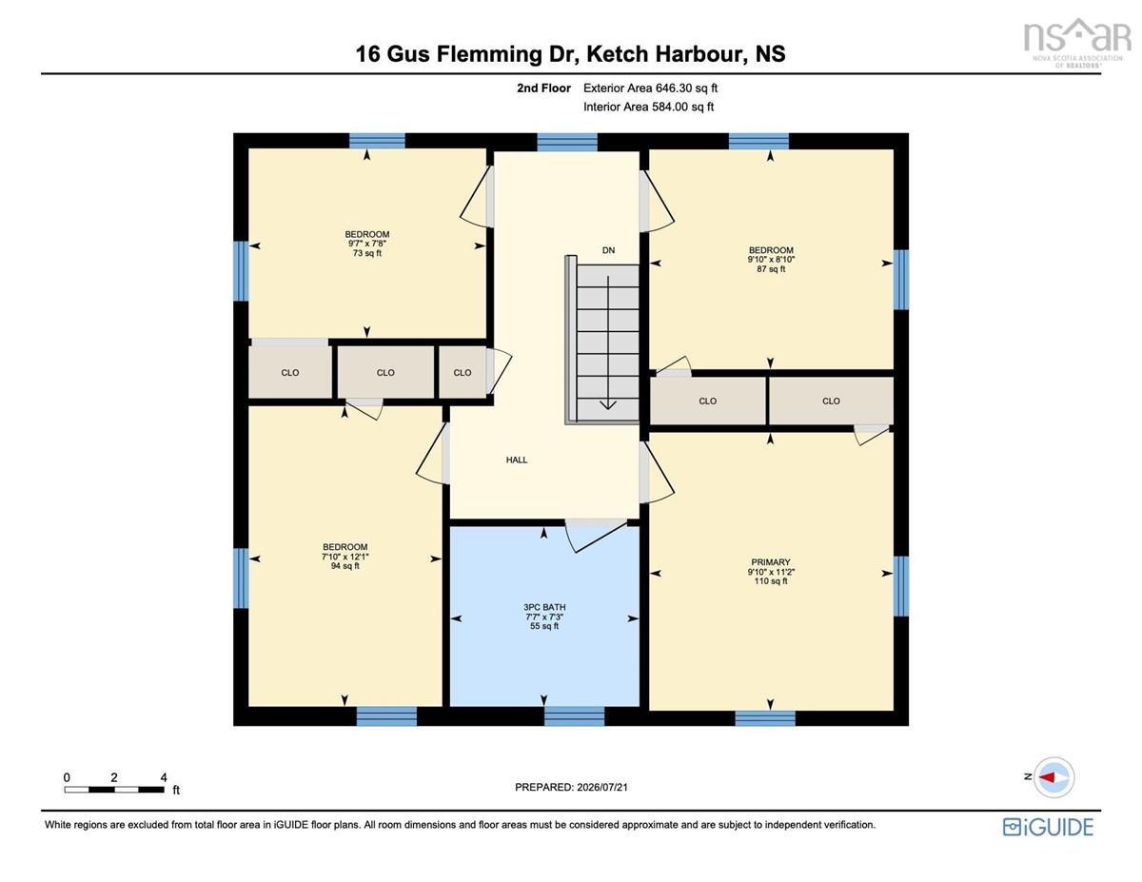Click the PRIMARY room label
pyautogui.click(x=770, y=562)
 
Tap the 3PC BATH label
pyautogui.click(x=544, y=607)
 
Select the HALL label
pyautogui.click(x=517, y=460)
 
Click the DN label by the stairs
pyautogui.click(x=608, y=250)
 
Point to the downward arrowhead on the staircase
pyautogui.click(x=608, y=404)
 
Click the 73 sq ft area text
pyautogui.click(x=366, y=253)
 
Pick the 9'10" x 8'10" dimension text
pyautogui.click(x=771, y=260)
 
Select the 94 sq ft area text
pyautogui.click(x=345, y=566)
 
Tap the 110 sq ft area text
pyautogui.click(x=771, y=581)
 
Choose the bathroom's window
pyautogui.click(x=574, y=716)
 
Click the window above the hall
pyautogui.click(x=567, y=143)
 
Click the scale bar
pyautogui.click(x=114, y=790)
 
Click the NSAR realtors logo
pyautogui.click(x=1077, y=43)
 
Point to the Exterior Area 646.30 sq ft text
pyautogui.click(x=650, y=88)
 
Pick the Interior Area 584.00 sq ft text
pyautogui.click(x=648, y=108)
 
